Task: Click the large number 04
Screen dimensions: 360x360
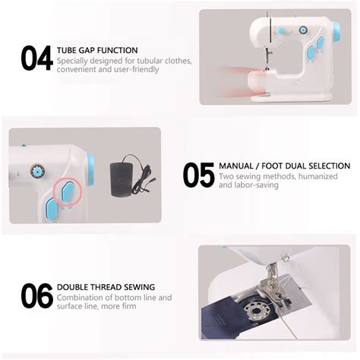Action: pyautogui.click(x=36, y=58)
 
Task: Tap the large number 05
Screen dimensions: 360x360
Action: pyautogui.click(x=198, y=174)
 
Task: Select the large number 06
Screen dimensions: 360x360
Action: pyautogui.click(x=36, y=295)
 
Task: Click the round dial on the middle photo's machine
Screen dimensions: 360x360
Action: pyautogui.click(x=34, y=169)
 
